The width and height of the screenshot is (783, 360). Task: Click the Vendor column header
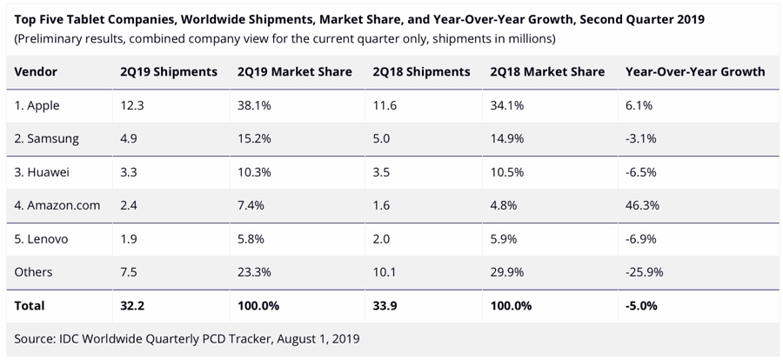[x=37, y=71]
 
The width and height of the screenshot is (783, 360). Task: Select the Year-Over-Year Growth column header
[x=694, y=71]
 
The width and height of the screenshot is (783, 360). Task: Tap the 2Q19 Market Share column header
[x=294, y=71]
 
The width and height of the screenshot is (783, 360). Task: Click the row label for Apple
[x=38, y=104]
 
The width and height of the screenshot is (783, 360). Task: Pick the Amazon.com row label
[x=57, y=205]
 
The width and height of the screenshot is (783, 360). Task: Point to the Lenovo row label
[x=42, y=238]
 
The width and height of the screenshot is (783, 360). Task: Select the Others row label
[x=33, y=272]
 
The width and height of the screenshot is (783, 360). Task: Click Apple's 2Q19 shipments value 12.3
[x=132, y=104]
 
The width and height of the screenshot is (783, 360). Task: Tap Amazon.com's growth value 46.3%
[x=642, y=205]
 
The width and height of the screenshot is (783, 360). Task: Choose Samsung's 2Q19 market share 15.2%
[x=253, y=138]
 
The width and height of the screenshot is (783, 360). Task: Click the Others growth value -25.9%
[x=644, y=272]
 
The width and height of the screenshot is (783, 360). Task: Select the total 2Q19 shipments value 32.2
[x=133, y=306]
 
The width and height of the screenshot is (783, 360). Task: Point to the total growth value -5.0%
[x=641, y=306]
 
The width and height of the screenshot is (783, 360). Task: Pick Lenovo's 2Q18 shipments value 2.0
[x=381, y=238]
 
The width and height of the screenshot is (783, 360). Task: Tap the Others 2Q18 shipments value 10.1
[x=384, y=272]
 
